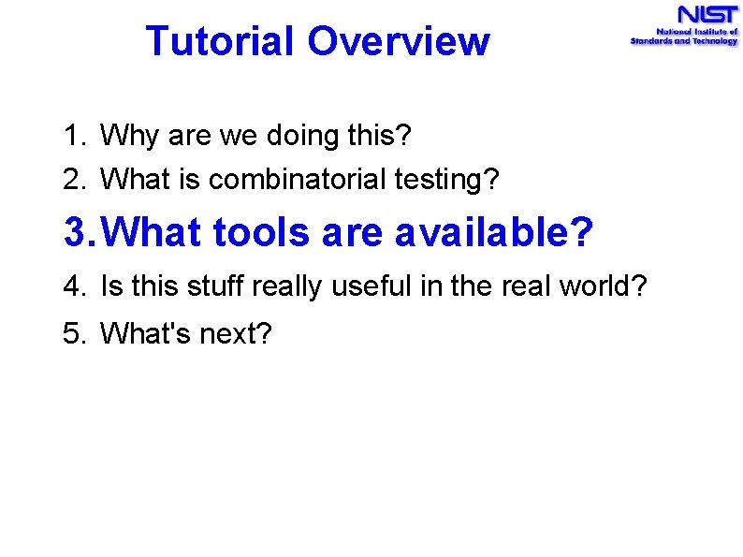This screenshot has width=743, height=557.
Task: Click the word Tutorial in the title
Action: point(219,42)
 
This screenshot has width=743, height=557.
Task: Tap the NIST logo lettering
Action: point(708,16)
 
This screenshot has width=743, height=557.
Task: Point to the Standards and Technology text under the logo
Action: point(684,42)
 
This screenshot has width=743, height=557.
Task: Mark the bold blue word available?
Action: point(493,233)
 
